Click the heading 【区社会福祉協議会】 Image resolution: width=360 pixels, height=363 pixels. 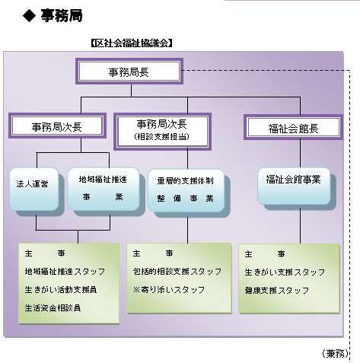pyautogui.click(x=131, y=43)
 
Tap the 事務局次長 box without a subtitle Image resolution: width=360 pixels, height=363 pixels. pyautogui.click(x=56, y=126)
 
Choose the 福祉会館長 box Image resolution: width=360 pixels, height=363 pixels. pyautogui.click(x=293, y=127)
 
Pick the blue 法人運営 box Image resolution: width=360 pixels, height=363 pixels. pyautogui.click(x=33, y=185)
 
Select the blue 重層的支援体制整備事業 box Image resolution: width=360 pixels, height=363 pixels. pyautogui.click(x=186, y=189)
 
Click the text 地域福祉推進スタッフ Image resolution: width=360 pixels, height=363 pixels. pyautogui.click(x=65, y=271)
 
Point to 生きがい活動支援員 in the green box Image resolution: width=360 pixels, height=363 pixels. pyautogui.click(x=61, y=289)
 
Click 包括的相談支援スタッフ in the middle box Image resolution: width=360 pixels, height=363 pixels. pyautogui.click(x=177, y=271)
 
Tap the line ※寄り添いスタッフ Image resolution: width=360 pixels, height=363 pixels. pyautogui.click(x=169, y=289)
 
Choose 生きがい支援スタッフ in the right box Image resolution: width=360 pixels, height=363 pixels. pyautogui.click(x=285, y=272)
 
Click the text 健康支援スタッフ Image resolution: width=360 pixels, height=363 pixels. pyautogui.click(x=277, y=290)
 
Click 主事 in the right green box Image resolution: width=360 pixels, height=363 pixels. pyautogui.click(x=266, y=253)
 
